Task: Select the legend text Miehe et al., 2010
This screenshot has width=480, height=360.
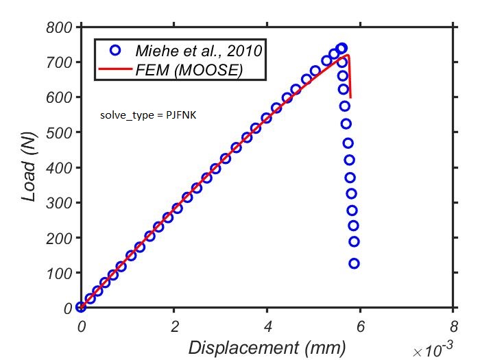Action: click(199, 50)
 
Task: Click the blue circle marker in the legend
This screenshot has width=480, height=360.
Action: click(115, 50)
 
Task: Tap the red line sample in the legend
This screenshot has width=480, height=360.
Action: click(115, 69)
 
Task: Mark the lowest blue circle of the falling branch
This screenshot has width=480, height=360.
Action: click(354, 263)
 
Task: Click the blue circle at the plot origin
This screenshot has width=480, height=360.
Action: click(81, 307)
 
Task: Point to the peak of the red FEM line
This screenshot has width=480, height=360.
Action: click(348, 55)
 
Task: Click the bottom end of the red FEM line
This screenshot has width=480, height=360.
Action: click(350, 97)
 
